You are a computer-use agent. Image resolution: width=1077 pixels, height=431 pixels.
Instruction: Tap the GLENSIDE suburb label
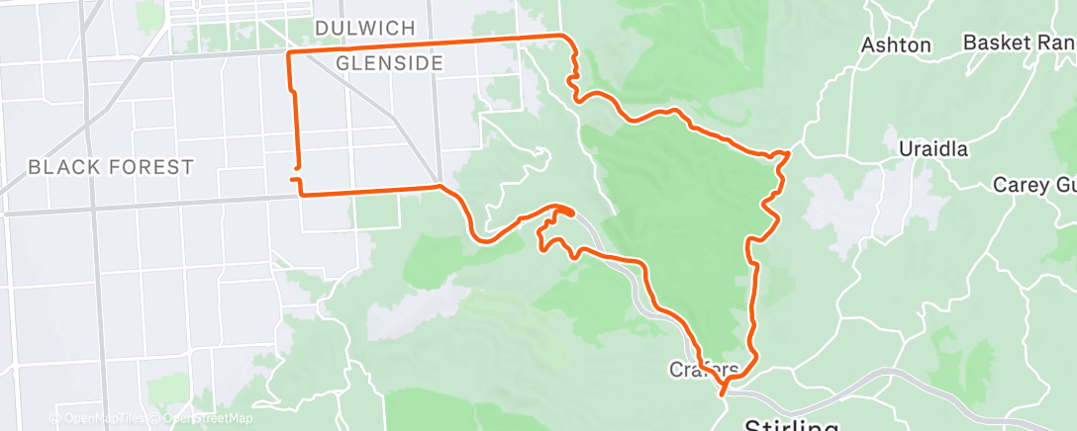click(389, 63)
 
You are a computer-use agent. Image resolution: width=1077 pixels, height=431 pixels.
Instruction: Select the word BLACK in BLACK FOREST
click(64, 167)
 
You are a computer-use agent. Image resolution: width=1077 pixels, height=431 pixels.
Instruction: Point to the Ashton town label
click(896, 45)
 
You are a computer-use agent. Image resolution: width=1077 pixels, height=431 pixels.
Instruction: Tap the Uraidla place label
click(932, 149)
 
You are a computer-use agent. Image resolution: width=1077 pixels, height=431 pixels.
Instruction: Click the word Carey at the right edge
click(1020, 185)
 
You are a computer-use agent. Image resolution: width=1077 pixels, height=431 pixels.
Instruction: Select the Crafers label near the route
click(703, 370)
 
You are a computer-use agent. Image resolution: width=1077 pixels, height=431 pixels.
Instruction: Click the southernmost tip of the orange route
click(723, 393)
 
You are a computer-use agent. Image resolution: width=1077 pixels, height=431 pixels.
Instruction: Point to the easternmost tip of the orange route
click(788, 152)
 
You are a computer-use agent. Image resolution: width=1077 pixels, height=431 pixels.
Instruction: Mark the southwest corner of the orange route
click(300, 192)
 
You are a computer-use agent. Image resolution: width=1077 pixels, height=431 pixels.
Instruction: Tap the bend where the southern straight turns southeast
click(441, 185)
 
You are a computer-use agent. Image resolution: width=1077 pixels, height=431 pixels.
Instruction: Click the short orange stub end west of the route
click(291, 179)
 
